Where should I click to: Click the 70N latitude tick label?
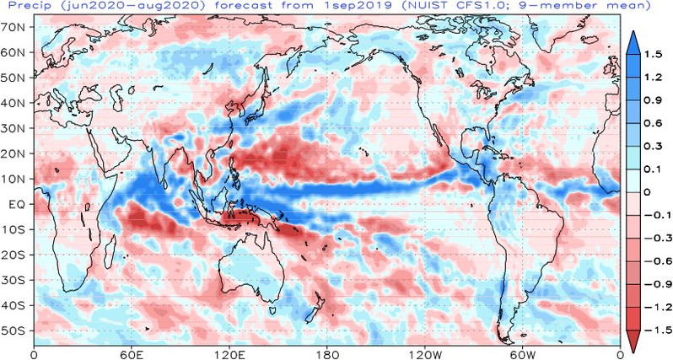click(x=16, y=28)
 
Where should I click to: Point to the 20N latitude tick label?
click(x=16, y=153)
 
